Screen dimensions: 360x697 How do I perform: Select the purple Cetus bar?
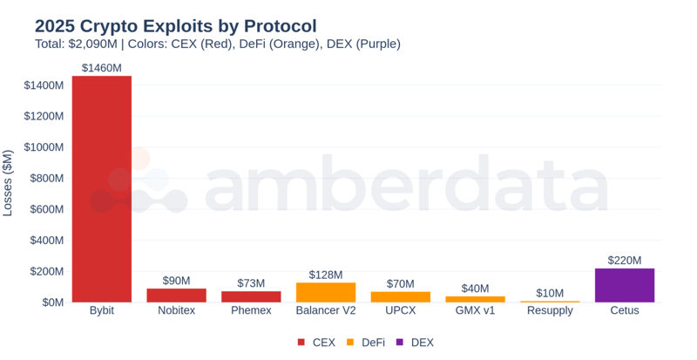[x=624, y=285]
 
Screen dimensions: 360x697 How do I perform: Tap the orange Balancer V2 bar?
[x=326, y=292]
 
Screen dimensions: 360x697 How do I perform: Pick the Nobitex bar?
[x=176, y=295]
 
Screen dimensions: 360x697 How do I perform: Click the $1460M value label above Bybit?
[x=102, y=67]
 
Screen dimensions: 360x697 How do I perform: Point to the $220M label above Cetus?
[x=624, y=260]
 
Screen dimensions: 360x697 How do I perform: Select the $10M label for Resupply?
[x=550, y=293]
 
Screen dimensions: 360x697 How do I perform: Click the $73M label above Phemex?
[x=251, y=283]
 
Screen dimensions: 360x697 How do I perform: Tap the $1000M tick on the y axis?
[x=43, y=147]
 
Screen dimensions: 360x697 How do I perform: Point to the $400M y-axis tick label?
[x=45, y=241]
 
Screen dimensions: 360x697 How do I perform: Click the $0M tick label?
[x=50, y=302]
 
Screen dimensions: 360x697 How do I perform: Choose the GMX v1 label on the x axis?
[x=475, y=311]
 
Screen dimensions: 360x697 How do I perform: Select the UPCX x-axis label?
[x=400, y=311]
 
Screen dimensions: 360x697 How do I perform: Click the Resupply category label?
[x=550, y=311]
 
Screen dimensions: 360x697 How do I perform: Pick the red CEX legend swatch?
[x=301, y=343]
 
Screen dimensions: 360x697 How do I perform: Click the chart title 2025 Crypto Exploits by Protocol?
[x=175, y=25]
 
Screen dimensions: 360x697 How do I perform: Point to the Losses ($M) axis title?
[x=9, y=183]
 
